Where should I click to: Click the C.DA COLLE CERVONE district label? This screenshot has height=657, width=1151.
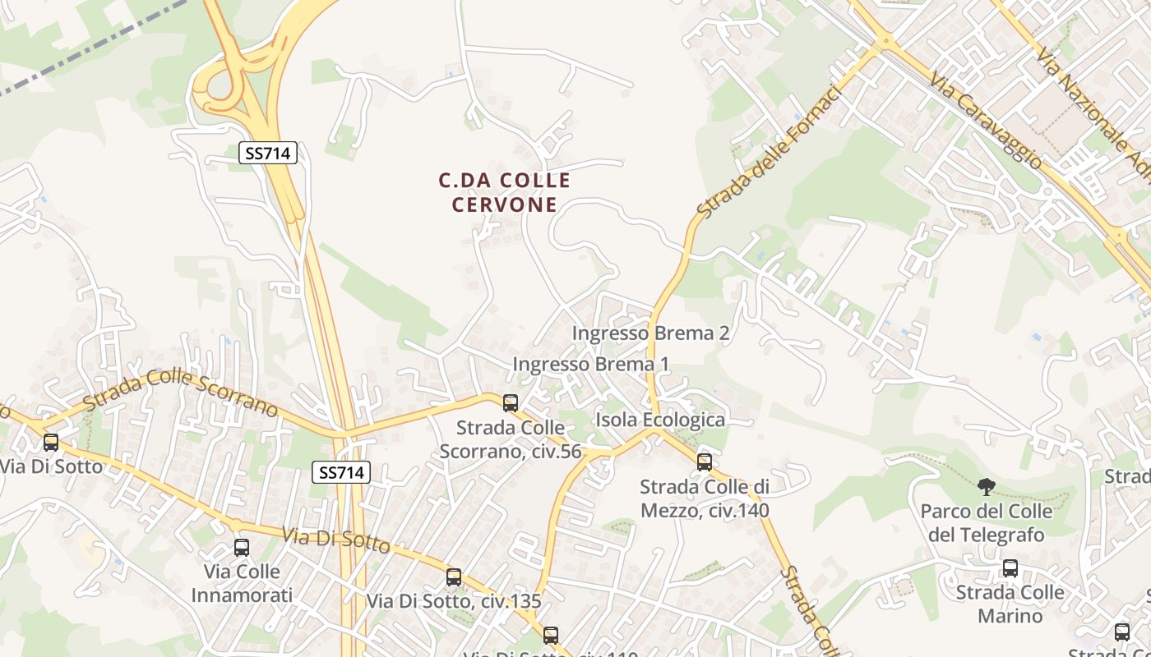click(x=504, y=192)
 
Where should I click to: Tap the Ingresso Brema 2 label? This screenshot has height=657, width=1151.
click(x=650, y=333)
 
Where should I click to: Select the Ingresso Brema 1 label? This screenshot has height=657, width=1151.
click(x=591, y=363)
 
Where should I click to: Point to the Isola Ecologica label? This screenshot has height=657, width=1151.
click(x=660, y=420)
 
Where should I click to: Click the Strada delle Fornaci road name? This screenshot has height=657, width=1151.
click(x=770, y=153)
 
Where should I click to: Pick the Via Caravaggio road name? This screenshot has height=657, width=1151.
click(x=986, y=120)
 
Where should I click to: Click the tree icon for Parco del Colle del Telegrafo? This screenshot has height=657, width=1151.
click(x=986, y=487)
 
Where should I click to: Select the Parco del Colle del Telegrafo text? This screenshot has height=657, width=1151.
click(x=986, y=523)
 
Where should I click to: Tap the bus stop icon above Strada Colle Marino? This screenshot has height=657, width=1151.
click(x=1010, y=567)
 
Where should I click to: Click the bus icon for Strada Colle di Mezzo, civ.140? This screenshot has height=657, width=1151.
click(x=705, y=462)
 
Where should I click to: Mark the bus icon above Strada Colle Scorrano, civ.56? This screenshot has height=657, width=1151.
click(x=511, y=402)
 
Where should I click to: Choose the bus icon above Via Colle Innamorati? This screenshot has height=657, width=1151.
click(x=242, y=547)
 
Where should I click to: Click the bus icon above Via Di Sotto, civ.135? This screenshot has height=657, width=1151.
click(x=454, y=577)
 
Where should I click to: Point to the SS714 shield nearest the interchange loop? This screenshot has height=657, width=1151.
click(x=268, y=152)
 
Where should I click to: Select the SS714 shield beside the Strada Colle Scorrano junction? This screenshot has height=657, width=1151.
click(x=341, y=472)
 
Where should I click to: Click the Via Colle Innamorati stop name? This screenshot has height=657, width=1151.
click(x=242, y=583)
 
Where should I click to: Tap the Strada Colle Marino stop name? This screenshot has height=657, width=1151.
click(x=1010, y=604)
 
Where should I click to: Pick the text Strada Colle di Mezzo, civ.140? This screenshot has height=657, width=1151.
click(x=705, y=498)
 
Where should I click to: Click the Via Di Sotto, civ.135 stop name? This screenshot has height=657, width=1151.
click(x=454, y=601)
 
